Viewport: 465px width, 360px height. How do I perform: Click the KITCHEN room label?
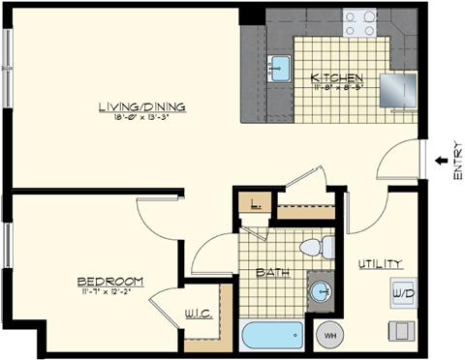[x=336, y=77]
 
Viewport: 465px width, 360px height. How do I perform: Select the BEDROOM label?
[x=110, y=282]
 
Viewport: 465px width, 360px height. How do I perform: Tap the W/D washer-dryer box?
[x=401, y=291]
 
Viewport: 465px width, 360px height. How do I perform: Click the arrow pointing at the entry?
[x=439, y=160]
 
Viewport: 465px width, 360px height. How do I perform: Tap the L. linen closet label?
[x=254, y=205]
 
